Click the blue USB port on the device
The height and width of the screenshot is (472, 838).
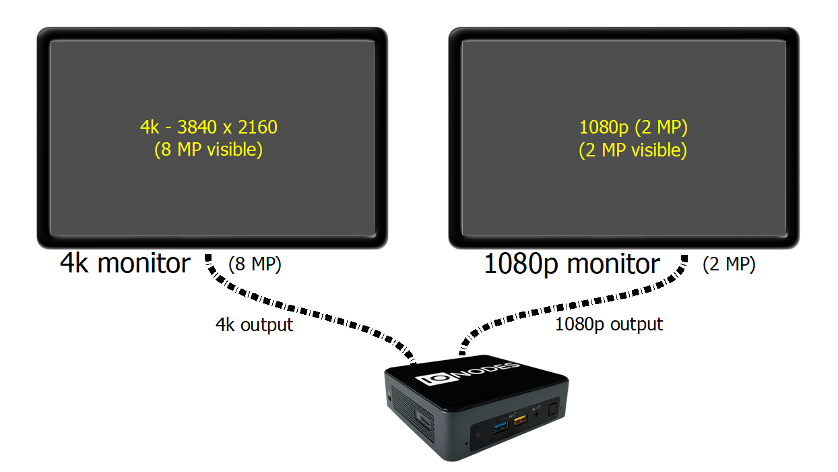coord(501,425)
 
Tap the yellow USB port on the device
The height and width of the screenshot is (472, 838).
coord(520,421)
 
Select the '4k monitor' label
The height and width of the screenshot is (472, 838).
coord(125,263)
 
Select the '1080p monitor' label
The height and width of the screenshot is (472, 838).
coord(572,264)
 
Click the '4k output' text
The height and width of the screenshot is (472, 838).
coord(254,324)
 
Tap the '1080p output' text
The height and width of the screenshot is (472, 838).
coord(608,324)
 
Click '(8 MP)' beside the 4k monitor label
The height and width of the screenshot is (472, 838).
coord(255,265)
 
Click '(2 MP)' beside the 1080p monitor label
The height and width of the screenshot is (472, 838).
coord(728,265)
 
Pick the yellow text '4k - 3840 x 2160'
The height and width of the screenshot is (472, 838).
coord(208,127)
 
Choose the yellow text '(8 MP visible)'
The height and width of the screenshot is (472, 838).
coord(208,150)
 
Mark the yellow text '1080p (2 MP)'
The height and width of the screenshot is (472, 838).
coord(633,127)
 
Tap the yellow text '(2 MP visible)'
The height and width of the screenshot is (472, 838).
coord(633,150)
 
